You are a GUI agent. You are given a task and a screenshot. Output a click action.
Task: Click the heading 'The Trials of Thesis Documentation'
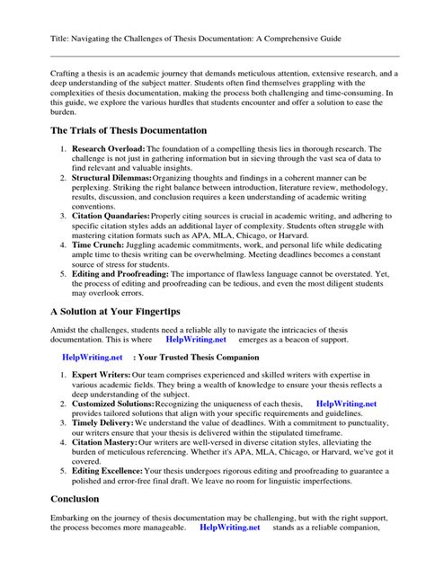(x=129, y=130)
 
